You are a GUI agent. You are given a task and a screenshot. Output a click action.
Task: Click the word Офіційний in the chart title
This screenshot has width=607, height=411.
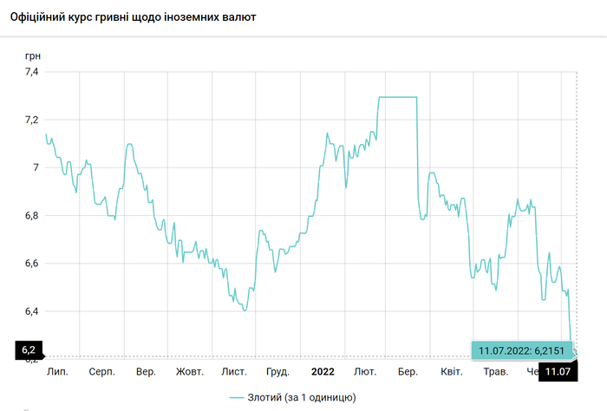39,17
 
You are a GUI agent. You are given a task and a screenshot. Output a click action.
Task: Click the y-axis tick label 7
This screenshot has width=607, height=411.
36,167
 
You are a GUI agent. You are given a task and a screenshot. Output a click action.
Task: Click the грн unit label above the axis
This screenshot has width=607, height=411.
32,55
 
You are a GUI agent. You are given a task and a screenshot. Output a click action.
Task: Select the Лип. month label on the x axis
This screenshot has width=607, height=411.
57,372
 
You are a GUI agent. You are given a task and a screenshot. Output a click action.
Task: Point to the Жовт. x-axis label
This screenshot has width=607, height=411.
190,372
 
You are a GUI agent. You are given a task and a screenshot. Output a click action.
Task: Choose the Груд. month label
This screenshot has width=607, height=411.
277,372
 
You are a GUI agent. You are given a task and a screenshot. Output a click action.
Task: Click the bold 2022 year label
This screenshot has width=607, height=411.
322,372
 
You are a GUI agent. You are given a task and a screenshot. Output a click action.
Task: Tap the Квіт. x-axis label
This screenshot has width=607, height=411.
451,372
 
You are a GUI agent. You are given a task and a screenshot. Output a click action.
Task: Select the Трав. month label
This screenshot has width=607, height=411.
495,372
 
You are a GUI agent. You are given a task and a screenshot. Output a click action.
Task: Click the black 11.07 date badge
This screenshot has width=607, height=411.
558,372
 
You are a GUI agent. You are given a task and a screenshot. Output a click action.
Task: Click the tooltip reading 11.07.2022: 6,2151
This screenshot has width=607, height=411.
519,350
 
